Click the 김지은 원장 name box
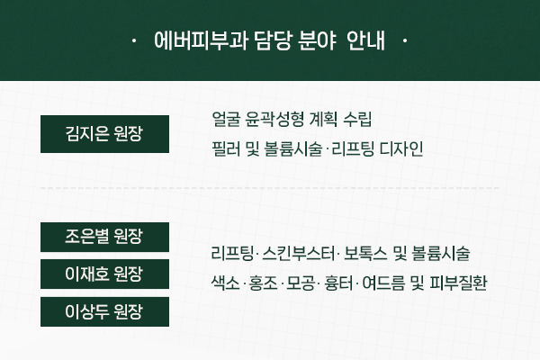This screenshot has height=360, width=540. (104, 134)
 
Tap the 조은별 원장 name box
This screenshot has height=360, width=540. (104, 237)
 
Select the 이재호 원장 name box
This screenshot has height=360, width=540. (104, 274)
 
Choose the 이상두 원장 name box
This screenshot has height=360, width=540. (104, 311)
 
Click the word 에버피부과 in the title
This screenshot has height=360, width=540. (201, 40)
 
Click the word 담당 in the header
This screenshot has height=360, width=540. (273, 40)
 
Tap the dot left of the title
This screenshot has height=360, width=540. (134, 40)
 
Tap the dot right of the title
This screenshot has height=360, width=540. (405, 40)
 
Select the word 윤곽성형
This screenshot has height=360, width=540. (274, 120)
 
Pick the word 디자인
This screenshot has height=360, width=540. (401, 149)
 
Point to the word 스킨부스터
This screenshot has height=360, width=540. (298, 254)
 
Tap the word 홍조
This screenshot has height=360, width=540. (263, 283)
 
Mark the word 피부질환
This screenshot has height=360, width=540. (458, 283)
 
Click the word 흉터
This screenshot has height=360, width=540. (338, 283)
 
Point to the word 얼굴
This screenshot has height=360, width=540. (226, 120)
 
